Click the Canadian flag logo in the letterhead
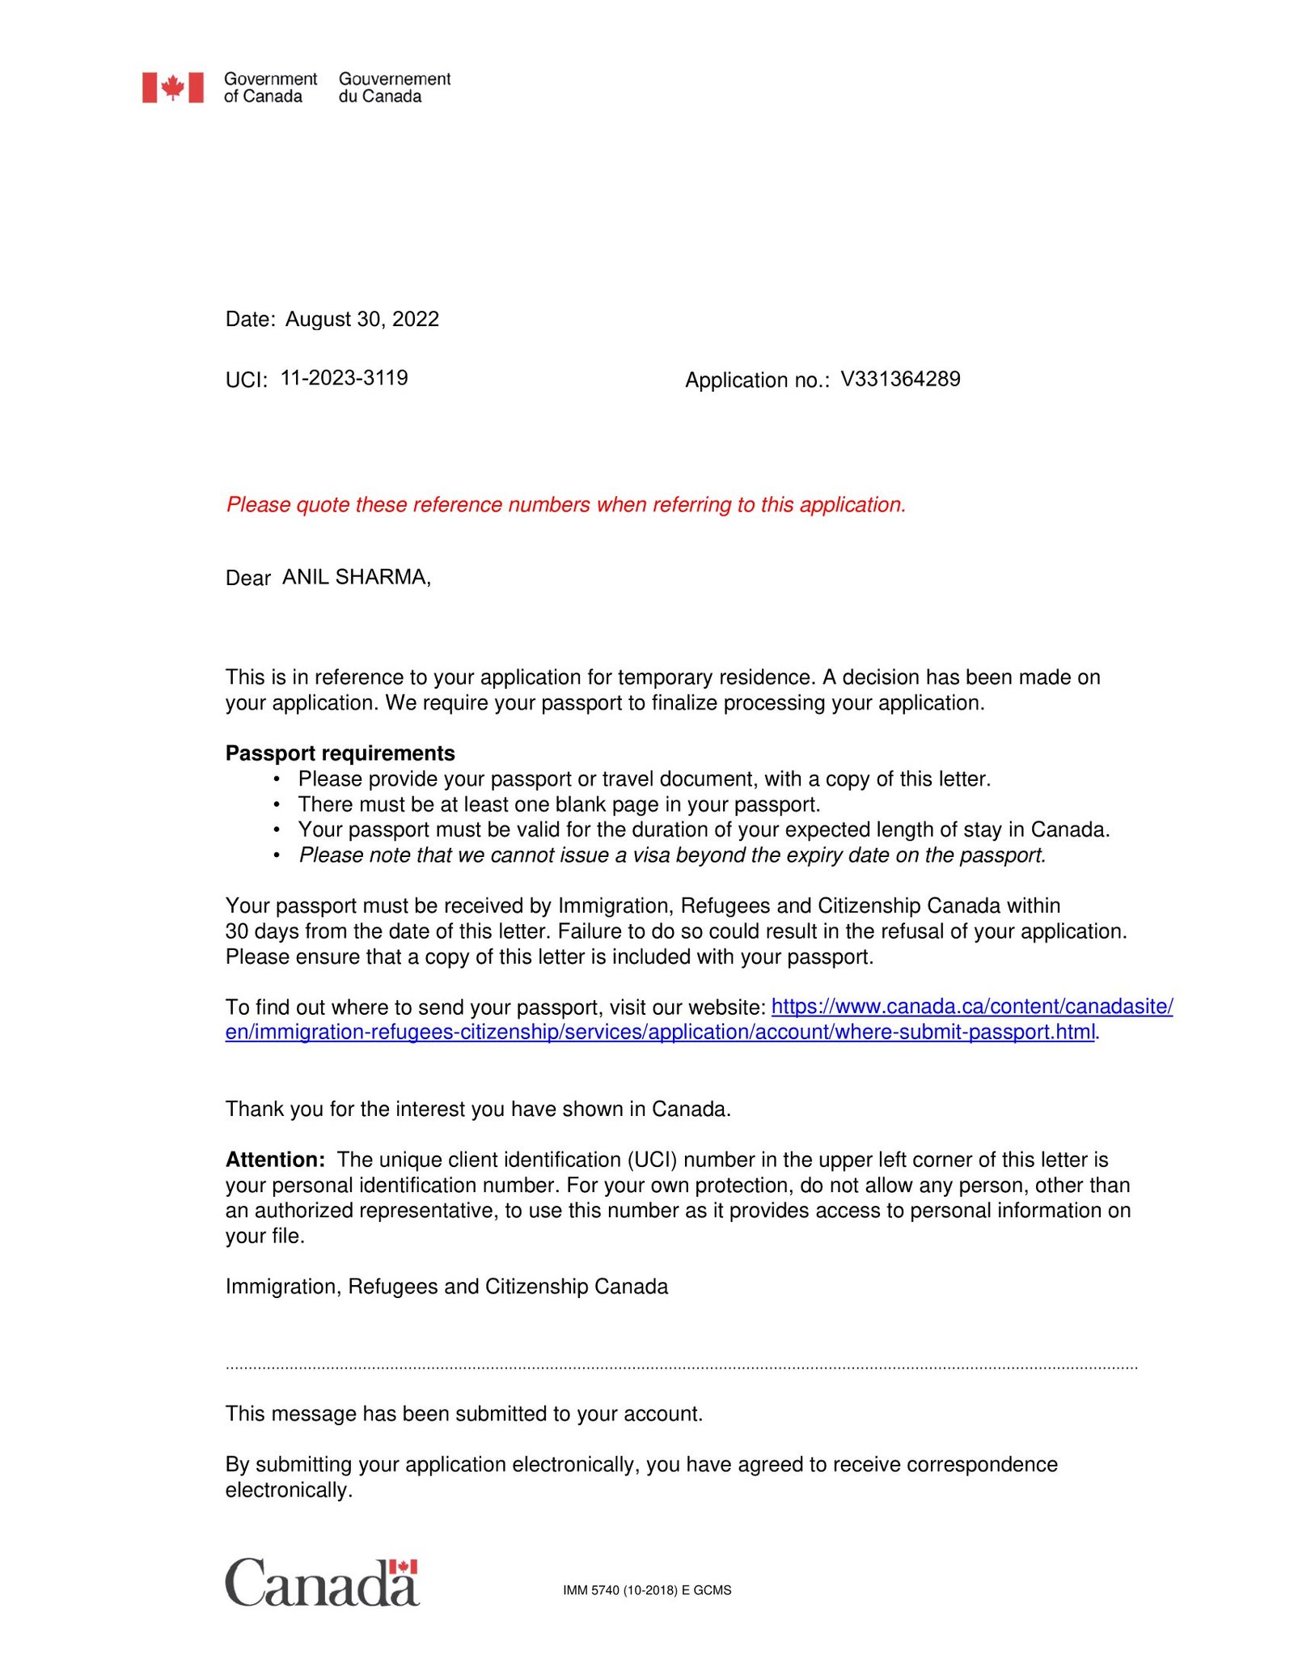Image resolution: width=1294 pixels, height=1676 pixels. point(172,87)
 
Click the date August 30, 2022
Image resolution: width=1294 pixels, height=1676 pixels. point(362,319)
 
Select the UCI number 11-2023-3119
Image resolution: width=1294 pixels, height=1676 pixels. point(344,378)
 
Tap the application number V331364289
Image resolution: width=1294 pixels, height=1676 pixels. point(900,379)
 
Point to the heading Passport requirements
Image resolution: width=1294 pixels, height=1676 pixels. point(340,753)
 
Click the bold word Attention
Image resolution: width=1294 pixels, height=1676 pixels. point(274,1160)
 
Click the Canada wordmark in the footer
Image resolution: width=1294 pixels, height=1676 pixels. point(322,1584)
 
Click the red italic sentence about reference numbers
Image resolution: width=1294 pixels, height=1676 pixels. point(565,505)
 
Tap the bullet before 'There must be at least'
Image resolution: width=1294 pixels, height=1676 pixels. point(277,805)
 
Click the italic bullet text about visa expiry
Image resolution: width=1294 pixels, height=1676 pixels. point(672,855)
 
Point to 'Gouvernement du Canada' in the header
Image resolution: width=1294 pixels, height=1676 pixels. point(394,87)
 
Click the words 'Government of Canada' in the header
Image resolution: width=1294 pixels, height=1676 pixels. point(270,87)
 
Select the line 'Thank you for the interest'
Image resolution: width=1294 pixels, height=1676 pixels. point(478,1109)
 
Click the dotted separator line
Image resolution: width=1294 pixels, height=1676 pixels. point(681,1368)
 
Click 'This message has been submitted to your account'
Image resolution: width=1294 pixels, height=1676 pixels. point(463,1414)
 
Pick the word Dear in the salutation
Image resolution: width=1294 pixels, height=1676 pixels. point(247,579)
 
